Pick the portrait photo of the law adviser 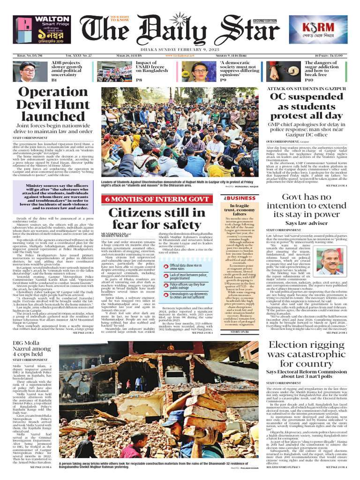point(331,261)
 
